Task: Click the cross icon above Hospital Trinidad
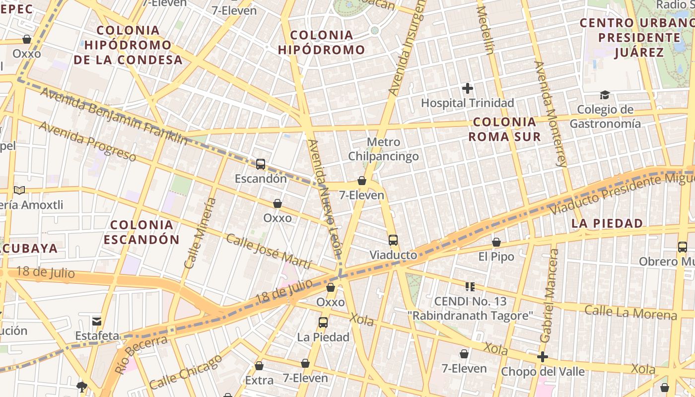467,88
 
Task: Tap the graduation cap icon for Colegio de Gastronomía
605,95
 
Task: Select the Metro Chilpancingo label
383,149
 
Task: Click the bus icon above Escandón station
260,164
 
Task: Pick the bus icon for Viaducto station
393,240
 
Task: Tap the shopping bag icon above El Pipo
496,242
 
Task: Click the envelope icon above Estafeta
97,321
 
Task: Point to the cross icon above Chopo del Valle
542,357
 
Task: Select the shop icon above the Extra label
259,366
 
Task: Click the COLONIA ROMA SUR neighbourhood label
504,129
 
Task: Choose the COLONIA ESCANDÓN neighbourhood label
141,232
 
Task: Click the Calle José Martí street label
269,251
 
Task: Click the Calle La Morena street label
630,313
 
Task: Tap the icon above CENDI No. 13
470,286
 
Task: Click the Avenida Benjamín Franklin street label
114,116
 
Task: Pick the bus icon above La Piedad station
323,322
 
